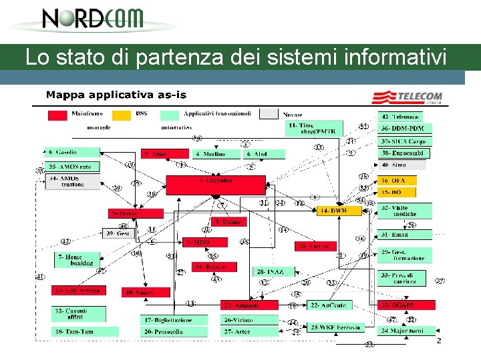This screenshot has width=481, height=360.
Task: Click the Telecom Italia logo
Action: click(408, 97)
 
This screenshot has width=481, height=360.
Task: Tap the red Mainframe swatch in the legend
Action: click(57, 115)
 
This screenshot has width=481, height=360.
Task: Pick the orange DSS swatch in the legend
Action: click(122, 115)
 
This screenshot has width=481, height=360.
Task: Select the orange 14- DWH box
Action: click(339, 211)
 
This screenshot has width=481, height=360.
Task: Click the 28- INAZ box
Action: click(269, 271)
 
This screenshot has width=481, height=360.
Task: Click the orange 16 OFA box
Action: click(397, 181)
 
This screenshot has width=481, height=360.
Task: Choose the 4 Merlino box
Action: click(209, 154)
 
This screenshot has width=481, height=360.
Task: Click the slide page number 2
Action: click(439, 341)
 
